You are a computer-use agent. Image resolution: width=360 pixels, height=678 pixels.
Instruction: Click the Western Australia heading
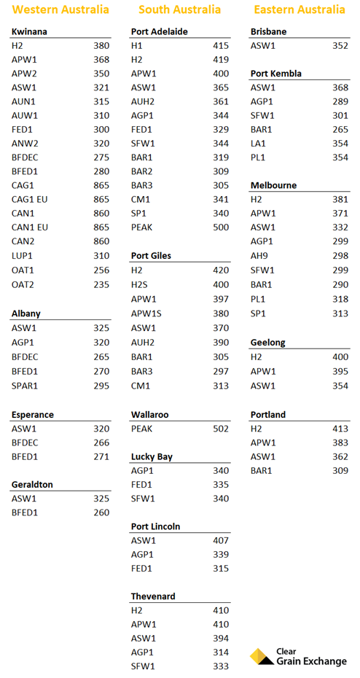[61, 10]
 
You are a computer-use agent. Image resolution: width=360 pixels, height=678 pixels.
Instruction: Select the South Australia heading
[179, 10]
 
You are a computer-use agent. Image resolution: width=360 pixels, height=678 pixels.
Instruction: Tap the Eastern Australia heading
[300, 10]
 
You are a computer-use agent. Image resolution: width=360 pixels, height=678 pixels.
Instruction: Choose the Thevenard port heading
[153, 596]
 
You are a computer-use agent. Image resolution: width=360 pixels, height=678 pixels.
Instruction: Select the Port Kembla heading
[275, 74]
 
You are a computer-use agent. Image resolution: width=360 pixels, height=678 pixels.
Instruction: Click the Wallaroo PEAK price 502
[220, 429]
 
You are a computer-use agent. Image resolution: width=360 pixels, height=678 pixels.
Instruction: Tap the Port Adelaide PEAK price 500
[220, 227]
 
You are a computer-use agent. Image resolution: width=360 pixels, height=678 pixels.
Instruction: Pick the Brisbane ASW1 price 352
[340, 45]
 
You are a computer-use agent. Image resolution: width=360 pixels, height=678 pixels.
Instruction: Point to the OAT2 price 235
[101, 284]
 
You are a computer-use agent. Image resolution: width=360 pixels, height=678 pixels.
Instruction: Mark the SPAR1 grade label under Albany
[25, 386]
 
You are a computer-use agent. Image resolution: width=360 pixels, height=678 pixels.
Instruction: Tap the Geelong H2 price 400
[340, 357]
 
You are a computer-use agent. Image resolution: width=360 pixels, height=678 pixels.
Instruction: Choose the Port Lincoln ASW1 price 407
[220, 541]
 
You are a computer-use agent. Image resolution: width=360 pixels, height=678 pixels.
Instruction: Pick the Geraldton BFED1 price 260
[101, 513]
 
